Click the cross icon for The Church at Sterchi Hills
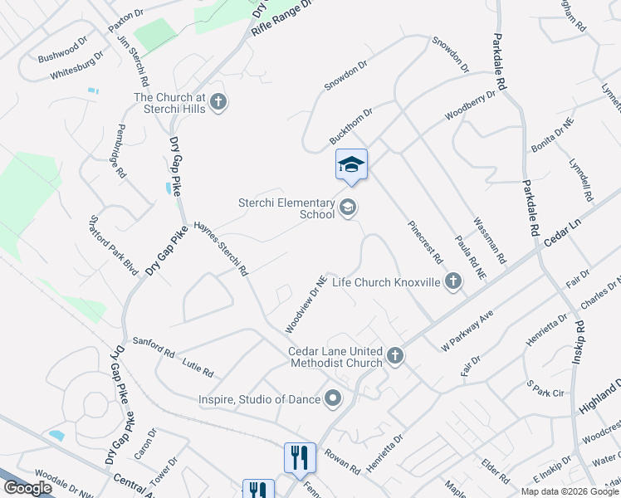pos(218,102)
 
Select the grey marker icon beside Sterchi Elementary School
pos(349,207)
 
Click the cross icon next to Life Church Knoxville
pos(453,282)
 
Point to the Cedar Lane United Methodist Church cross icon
pos(395,356)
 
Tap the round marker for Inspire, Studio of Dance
pos(333,399)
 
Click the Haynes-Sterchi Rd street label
pos(221,248)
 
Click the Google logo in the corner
pos(27,487)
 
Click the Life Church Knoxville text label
pos(385,282)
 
